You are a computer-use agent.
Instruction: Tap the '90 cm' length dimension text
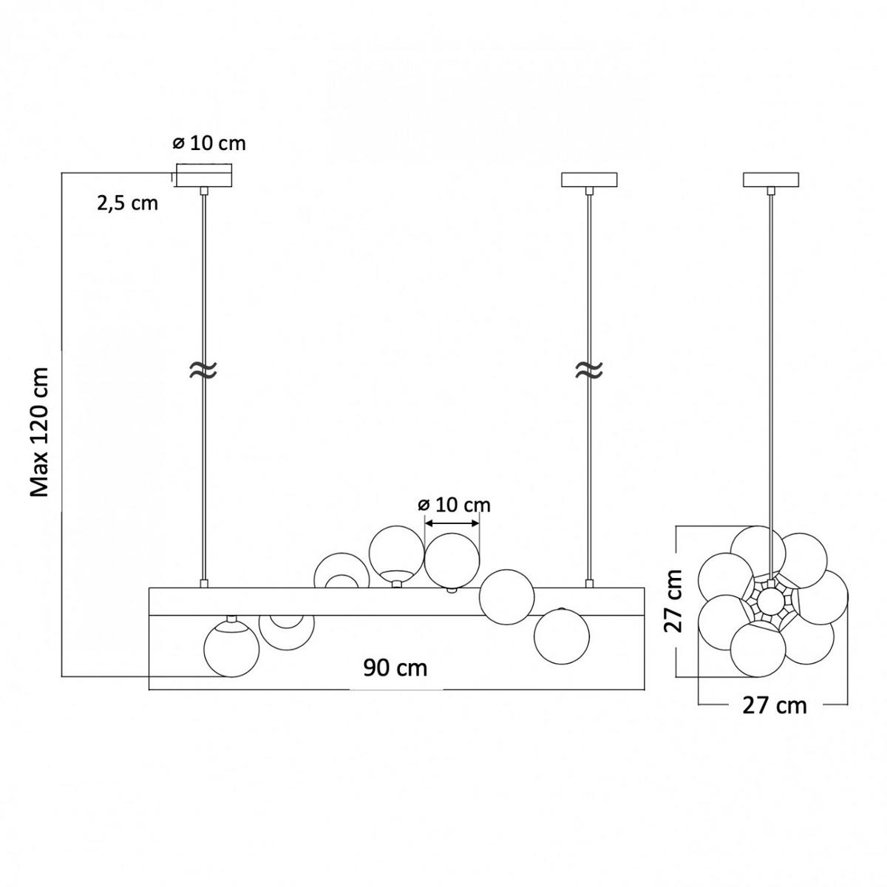click(x=395, y=667)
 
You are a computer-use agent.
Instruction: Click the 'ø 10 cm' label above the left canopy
click(x=209, y=143)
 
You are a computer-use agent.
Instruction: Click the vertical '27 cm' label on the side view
click(x=673, y=600)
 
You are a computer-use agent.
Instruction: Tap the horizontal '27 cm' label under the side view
click(x=774, y=705)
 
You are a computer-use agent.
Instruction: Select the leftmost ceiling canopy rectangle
click(x=204, y=177)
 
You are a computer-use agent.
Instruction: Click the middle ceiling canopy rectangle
click(x=589, y=180)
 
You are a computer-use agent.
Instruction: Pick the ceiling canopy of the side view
click(x=770, y=180)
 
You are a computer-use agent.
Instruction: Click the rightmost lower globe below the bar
click(x=562, y=636)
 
